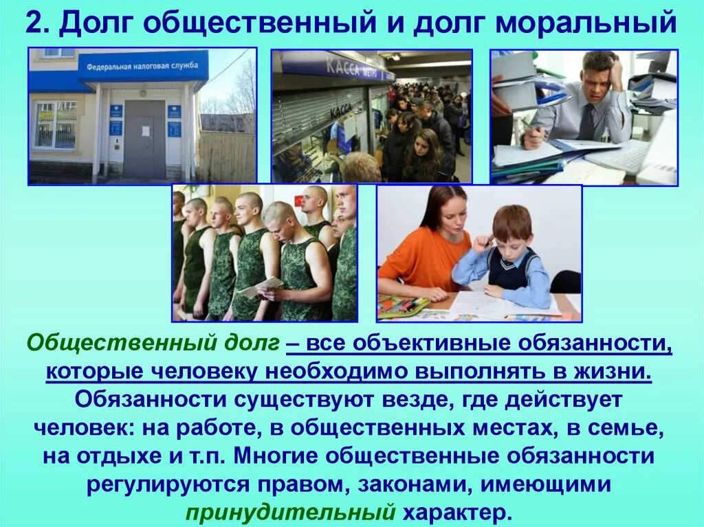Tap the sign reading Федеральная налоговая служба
point(142,66)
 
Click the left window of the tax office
point(56,124)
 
